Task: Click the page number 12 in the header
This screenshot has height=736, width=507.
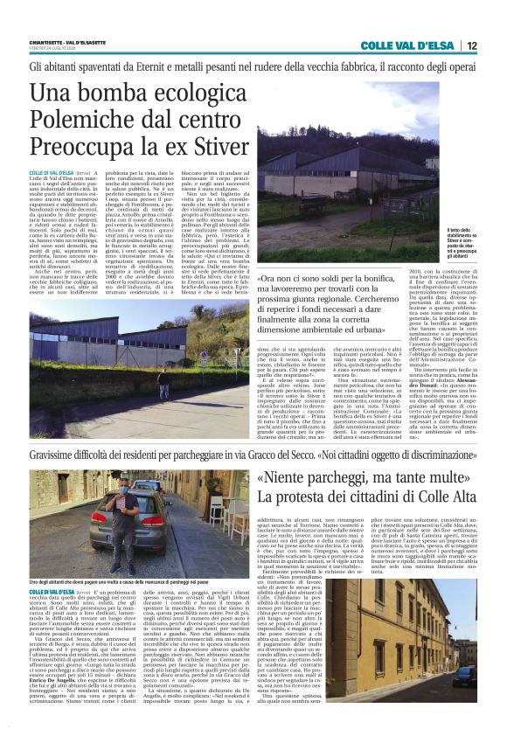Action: click(x=472, y=45)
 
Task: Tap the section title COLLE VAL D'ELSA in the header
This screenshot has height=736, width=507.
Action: click(x=410, y=45)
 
